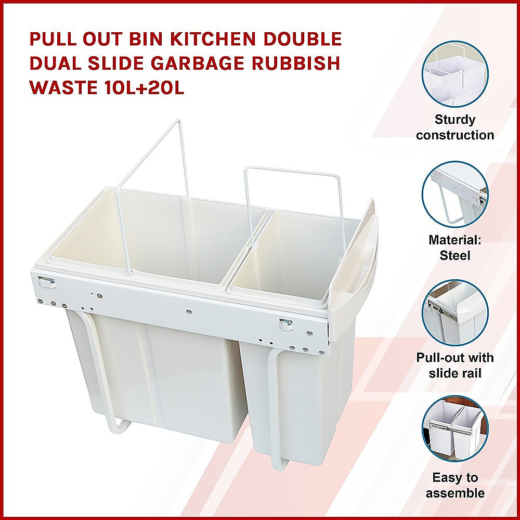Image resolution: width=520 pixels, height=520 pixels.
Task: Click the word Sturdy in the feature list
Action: pos(455,120)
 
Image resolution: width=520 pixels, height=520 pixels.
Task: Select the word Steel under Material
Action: pos(455,255)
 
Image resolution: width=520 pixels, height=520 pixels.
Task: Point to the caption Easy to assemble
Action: pos(455,485)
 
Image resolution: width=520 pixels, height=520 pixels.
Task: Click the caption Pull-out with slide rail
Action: pos(455,366)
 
